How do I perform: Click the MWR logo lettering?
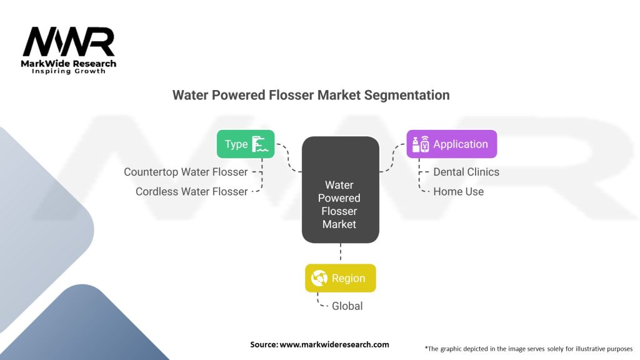(69, 42)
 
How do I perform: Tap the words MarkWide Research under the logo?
(69, 64)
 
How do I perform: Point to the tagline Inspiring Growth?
(69, 72)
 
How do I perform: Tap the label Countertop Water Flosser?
(186, 172)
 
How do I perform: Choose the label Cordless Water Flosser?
(191, 192)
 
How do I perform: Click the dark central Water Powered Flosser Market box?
(340, 190)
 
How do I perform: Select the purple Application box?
(451, 144)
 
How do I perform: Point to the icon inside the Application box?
(420, 144)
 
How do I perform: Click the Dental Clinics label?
(466, 172)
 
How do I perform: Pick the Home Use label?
(458, 192)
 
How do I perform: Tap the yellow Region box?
(340, 278)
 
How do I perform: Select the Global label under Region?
(347, 306)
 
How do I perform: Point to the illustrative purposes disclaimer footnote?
(528, 348)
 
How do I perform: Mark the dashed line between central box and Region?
(341, 253)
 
